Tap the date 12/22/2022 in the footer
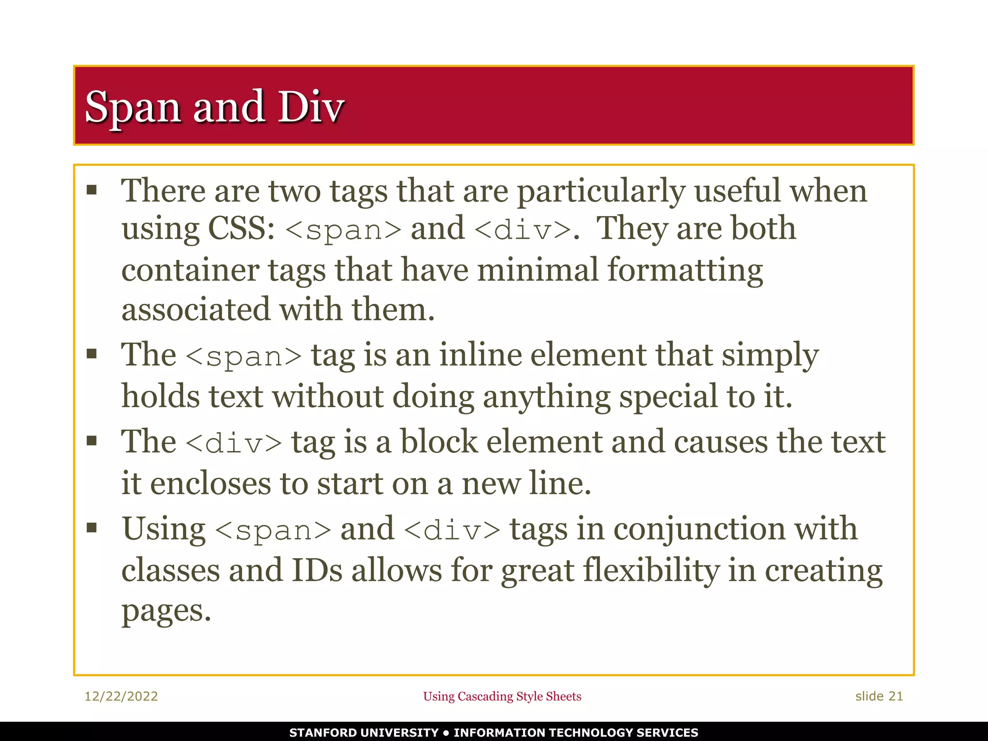coord(121,696)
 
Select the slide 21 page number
coord(879,696)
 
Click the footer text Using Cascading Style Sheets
coord(502,696)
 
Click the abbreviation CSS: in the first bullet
coord(241,228)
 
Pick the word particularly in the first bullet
coord(601,192)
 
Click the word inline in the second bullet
coord(480,355)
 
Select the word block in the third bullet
coord(439,442)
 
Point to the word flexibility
coord(651,570)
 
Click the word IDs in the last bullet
coord(317,570)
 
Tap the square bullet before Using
coord(92,527)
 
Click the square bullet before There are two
coord(92,190)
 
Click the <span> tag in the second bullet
coord(244,357)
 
